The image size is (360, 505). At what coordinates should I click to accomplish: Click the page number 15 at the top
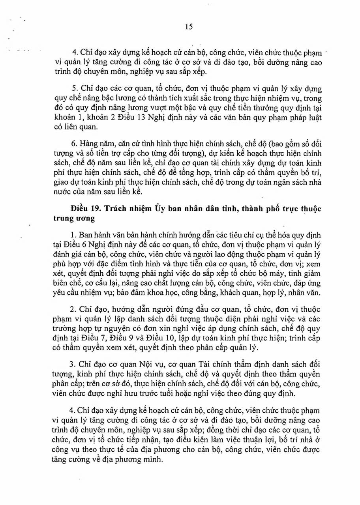[x=188, y=26]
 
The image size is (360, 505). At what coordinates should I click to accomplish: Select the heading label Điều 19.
[x=83, y=209]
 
